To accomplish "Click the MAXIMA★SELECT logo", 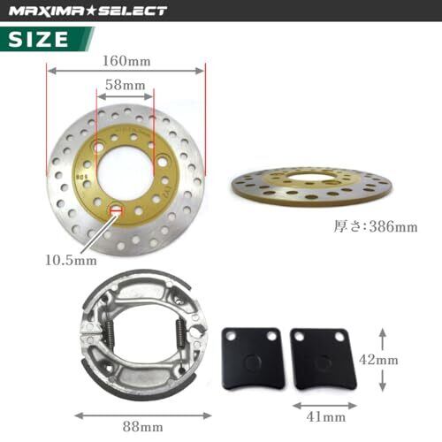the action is click(88, 11).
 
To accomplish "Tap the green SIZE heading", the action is click(38, 39).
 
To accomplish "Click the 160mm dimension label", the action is click(126, 61).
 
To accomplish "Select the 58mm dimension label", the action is click(126, 85).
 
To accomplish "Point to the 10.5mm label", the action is click(71, 261).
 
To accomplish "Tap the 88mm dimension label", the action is click(143, 427).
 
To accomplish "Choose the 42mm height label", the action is click(378, 360).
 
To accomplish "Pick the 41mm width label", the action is click(326, 417).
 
